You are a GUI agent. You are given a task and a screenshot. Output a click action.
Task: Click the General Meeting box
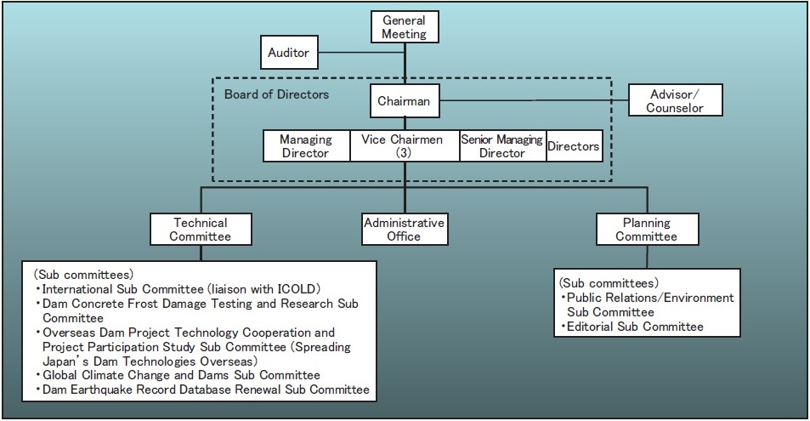404,26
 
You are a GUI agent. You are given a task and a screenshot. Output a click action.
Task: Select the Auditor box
289,54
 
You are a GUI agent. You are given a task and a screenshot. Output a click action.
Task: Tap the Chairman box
404,102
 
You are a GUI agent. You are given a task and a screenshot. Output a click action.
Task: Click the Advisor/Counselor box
676,100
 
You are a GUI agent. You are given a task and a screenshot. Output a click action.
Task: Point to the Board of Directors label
276,94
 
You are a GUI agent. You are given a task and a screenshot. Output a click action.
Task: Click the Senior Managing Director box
501,145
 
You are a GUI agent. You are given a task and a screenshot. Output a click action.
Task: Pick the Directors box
573,146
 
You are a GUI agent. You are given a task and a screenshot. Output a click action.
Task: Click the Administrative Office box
404,230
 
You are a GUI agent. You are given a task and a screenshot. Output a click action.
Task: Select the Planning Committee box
646,230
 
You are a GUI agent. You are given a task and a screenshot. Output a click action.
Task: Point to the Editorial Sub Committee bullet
632,327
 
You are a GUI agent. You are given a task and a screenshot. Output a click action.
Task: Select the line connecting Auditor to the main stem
362,54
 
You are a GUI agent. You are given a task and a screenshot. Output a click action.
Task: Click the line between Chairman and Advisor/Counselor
531,102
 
